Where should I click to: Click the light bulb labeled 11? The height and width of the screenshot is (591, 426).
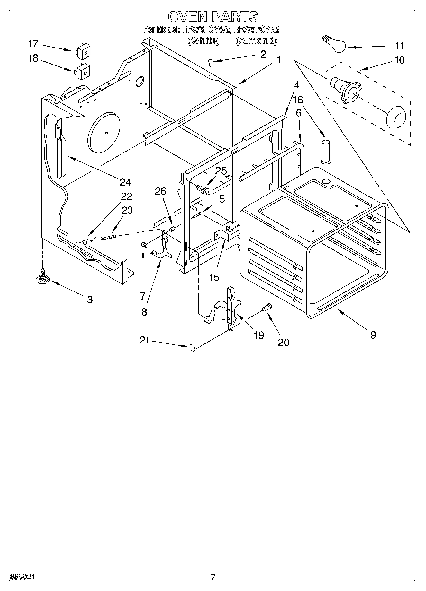(x=335, y=44)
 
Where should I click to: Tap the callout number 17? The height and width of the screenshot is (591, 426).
(x=33, y=44)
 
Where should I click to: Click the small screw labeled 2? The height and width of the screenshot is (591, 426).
(x=210, y=62)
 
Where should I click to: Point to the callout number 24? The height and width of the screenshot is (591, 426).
(x=125, y=182)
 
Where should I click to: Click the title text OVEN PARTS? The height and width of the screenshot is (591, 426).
(x=213, y=16)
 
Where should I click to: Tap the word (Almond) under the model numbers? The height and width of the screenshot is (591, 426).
(x=256, y=40)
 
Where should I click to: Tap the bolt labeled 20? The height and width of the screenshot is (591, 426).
(x=267, y=307)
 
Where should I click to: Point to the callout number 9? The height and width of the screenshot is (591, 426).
(x=373, y=335)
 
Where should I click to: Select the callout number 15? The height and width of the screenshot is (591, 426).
(x=214, y=277)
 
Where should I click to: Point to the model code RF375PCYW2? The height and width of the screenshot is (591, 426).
(x=206, y=30)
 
